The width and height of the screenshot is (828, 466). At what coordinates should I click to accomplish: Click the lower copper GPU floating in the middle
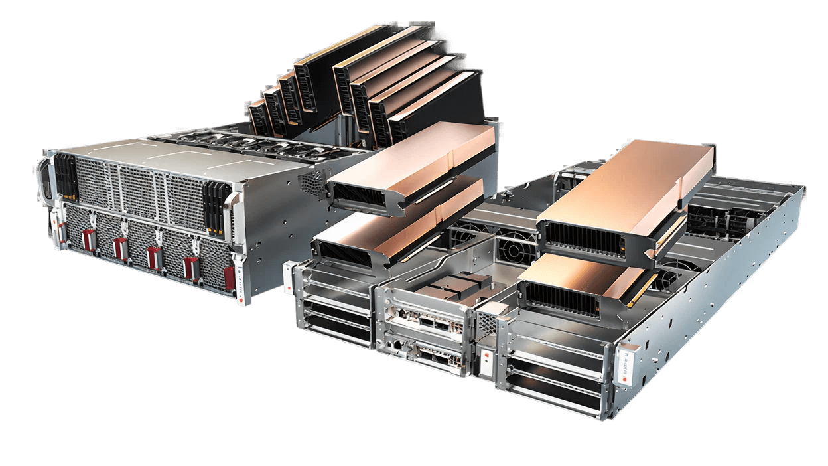(x=398, y=229)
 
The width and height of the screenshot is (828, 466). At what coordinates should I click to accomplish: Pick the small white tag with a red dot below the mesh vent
(x=488, y=362)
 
